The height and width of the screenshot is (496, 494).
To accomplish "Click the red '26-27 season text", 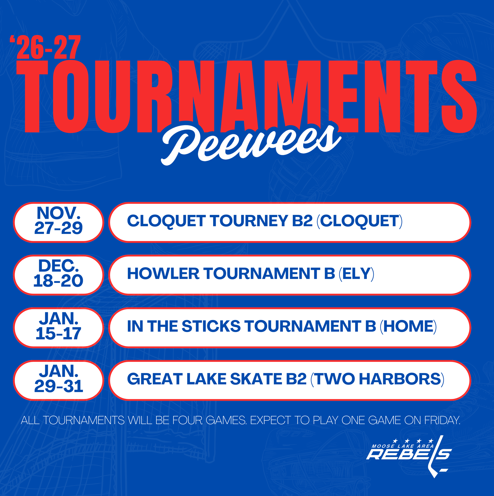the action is pyautogui.click(x=45, y=47).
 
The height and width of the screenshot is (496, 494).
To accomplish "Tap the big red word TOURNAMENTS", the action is pyautogui.click(x=246, y=97).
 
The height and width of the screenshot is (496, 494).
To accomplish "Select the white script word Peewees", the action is pyautogui.click(x=251, y=144).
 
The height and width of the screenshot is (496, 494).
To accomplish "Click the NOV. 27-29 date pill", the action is pyautogui.click(x=58, y=222).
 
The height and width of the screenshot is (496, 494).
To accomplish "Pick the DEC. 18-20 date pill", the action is pyautogui.click(x=58, y=275).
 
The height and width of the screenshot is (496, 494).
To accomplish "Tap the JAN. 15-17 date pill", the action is pyautogui.click(x=58, y=328).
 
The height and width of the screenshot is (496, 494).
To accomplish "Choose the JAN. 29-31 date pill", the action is pyautogui.click(x=58, y=380).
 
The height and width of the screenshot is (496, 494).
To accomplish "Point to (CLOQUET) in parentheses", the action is pyautogui.click(x=359, y=221).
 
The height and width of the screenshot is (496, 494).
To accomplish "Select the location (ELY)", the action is pyautogui.click(x=356, y=274).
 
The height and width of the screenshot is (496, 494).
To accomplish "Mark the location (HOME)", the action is pyautogui.click(x=408, y=327).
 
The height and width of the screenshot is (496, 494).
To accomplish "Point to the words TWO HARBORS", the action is pyautogui.click(x=377, y=379).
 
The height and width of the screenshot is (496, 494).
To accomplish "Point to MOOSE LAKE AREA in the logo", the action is pyautogui.click(x=403, y=446).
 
